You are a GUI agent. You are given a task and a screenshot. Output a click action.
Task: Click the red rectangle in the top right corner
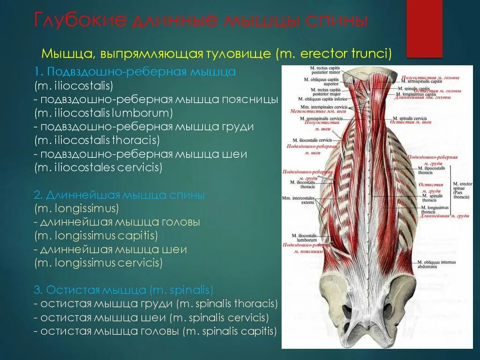[424, 28]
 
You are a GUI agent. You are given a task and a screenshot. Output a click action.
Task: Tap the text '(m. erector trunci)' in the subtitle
[334, 53]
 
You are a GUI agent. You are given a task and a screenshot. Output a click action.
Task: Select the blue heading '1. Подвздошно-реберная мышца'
[135, 73]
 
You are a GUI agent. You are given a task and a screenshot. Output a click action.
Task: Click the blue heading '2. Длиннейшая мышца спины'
[119, 195]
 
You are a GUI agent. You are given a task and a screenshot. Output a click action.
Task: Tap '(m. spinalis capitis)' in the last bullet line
[230, 331]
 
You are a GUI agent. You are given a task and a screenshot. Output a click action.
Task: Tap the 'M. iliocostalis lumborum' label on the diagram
[305, 238]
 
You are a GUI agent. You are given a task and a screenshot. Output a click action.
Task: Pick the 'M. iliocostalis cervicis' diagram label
[312, 140]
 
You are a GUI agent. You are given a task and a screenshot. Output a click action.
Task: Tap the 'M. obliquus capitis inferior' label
[321, 99]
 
